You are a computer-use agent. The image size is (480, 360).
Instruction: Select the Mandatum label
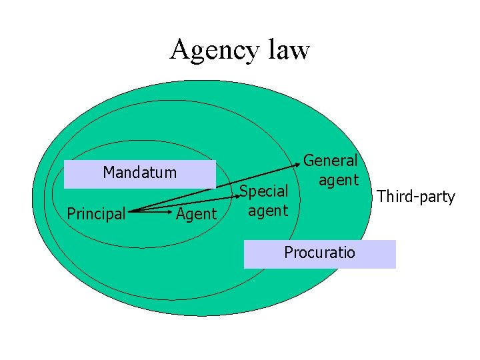pyautogui.click(x=140, y=173)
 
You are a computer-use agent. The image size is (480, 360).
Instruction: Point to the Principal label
pyautogui.click(x=97, y=214)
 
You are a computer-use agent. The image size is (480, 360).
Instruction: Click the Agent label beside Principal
pyautogui.click(x=196, y=214)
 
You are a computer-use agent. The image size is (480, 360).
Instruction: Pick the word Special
pyautogui.click(x=264, y=191)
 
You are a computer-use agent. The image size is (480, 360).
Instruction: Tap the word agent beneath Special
pyautogui.click(x=267, y=211)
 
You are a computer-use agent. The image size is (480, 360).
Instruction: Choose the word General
pyautogui.click(x=331, y=161)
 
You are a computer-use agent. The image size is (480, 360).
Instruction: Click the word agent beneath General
pyautogui.click(x=339, y=180)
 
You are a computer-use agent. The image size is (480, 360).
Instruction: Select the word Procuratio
pyautogui.click(x=319, y=253)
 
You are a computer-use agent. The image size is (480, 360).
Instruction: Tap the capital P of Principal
pyautogui.click(x=72, y=213)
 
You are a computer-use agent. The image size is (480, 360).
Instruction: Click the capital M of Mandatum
pyautogui.click(x=109, y=173)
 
